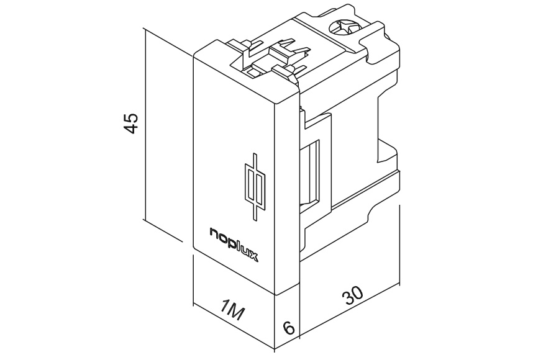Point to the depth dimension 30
coord(352,295)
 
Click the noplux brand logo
coord(234,245)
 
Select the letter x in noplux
coord(253,256)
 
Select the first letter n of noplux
coord(214,232)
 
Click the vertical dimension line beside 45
coord(145,124)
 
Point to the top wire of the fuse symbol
coord(254,161)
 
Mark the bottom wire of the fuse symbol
coord(254,212)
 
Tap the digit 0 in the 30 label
coord(357,292)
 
